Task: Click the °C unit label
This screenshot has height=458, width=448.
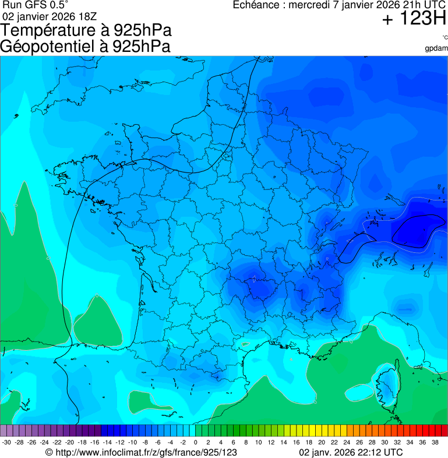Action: [x=445, y=37]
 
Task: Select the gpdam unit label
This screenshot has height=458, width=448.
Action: [x=437, y=48]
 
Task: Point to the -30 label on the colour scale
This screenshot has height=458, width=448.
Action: [x=6, y=442]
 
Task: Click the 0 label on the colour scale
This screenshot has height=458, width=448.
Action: [x=195, y=442]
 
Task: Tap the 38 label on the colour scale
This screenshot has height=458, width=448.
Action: [x=435, y=442]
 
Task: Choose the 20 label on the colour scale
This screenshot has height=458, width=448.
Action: [x=321, y=442]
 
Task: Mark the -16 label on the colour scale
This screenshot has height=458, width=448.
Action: [x=94, y=442]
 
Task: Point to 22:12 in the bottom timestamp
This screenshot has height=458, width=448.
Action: [x=370, y=452]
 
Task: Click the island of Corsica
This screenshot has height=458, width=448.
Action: [x=385, y=385]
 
